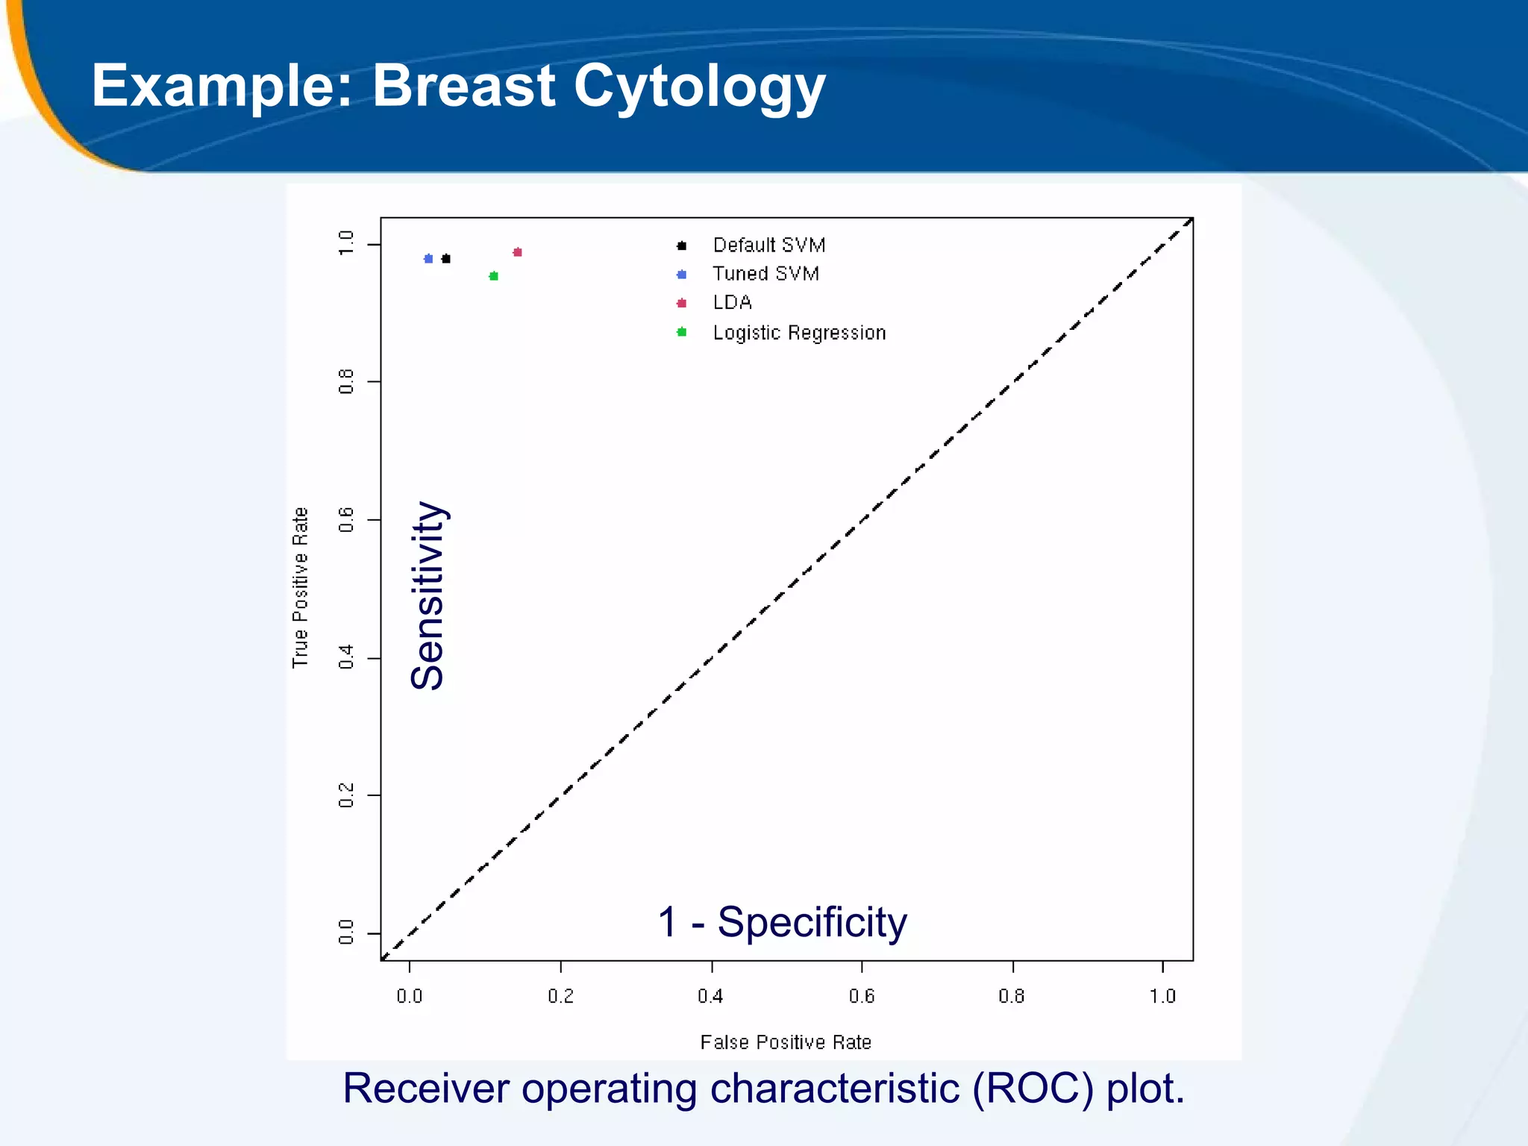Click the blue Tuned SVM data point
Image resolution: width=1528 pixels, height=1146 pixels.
[428, 259]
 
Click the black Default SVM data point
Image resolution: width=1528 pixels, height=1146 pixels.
[446, 259]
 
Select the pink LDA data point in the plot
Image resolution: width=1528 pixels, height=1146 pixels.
[518, 252]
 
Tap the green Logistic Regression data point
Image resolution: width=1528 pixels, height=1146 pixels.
[493, 276]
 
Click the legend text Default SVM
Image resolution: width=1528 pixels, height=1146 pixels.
[768, 245]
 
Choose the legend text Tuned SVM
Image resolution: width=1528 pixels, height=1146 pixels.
[765, 274]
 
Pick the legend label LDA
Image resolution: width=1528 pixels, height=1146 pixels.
[732, 303]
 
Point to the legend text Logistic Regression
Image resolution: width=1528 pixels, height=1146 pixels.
[799, 333]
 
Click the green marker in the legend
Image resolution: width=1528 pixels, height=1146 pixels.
[681, 332]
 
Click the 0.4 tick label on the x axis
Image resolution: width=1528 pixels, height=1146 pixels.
[710, 996]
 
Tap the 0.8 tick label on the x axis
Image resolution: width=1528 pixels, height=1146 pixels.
[1012, 996]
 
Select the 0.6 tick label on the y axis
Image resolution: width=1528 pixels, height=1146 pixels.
[346, 519]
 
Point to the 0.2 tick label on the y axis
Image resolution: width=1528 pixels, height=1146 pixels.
[346, 795]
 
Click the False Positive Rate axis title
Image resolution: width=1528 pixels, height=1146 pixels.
[786, 1042]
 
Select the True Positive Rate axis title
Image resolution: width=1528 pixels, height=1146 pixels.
[300, 587]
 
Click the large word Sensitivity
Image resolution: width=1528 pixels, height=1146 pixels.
[428, 595]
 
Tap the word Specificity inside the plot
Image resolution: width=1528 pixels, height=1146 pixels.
[812, 922]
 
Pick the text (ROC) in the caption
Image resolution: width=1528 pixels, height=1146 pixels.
[1033, 1089]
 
